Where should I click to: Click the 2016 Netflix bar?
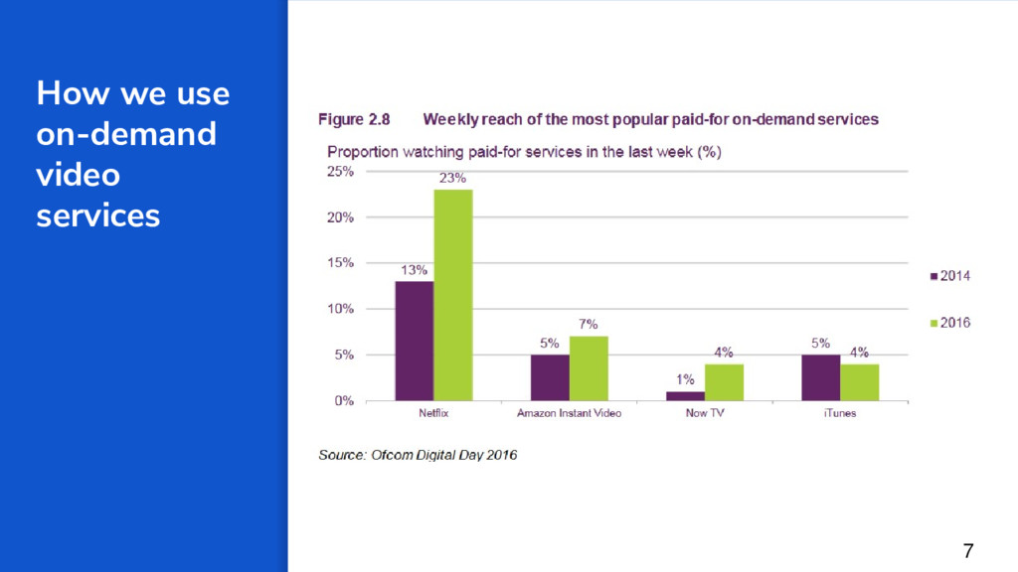(x=452, y=295)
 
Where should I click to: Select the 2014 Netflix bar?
(x=414, y=341)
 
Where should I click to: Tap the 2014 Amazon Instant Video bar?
(x=549, y=377)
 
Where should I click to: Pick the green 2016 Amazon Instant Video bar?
(x=588, y=368)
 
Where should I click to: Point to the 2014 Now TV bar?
(x=684, y=395)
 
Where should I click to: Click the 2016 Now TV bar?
(x=723, y=382)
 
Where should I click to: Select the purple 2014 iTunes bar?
(x=819, y=377)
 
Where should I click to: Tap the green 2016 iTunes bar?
(x=859, y=382)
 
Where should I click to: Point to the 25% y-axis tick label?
(x=341, y=171)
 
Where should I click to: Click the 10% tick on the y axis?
(x=341, y=309)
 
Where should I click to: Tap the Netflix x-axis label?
(x=433, y=413)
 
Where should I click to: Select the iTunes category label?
(x=839, y=413)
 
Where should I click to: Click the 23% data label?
(x=452, y=178)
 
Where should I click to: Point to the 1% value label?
(x=685, y=379)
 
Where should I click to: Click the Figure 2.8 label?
(x=354, y=120)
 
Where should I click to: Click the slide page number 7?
(x=968, y=550)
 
